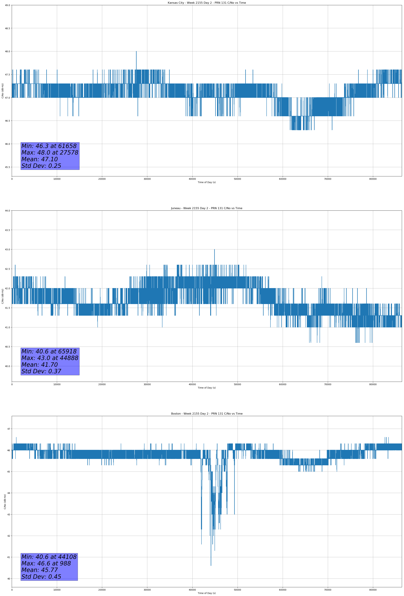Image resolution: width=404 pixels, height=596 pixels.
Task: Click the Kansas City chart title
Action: point(207,3)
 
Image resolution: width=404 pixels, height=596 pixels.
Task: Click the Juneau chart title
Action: point(207,208)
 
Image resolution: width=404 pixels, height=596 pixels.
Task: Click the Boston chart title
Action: point(207,414)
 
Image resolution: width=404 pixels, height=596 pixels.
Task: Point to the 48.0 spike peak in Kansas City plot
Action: point(136,52)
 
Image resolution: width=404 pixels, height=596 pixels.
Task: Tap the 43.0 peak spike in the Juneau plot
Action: point(214,249)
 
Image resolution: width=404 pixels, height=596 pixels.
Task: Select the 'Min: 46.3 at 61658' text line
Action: point(49,146)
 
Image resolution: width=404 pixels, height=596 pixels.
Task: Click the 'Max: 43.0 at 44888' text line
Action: point(50,358)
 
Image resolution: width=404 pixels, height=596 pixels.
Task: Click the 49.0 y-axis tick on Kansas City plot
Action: point(7,5)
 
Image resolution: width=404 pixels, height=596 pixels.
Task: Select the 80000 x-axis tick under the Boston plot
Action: point(373,590)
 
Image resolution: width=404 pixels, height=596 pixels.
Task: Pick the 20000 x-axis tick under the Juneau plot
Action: point(102,384)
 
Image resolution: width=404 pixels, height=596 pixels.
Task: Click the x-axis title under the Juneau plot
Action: point(207,388)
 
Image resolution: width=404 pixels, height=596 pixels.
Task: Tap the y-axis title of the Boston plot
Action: point(5,502)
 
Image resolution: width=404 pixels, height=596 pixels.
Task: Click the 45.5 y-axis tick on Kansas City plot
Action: point(7,167)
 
